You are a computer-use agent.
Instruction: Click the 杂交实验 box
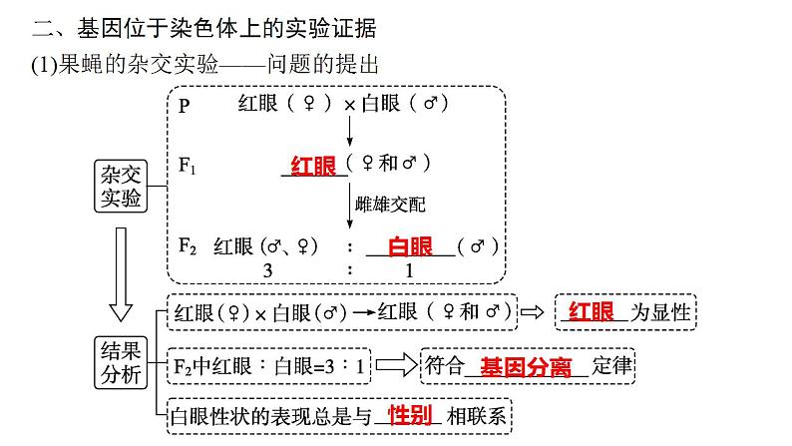(x=121, y=186)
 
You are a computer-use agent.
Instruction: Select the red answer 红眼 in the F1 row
(x=313, y=166)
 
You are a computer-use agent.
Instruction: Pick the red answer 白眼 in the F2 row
(x=410, y=246)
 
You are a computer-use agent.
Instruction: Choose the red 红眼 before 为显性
(x=592, y=311)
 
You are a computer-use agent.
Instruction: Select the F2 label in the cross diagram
(x=188, y=245)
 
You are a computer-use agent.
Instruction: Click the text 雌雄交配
(x=390, y=205)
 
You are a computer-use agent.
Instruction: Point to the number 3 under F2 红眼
(x=266, y=270)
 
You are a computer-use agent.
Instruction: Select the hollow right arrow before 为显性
(x=535, y=312)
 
